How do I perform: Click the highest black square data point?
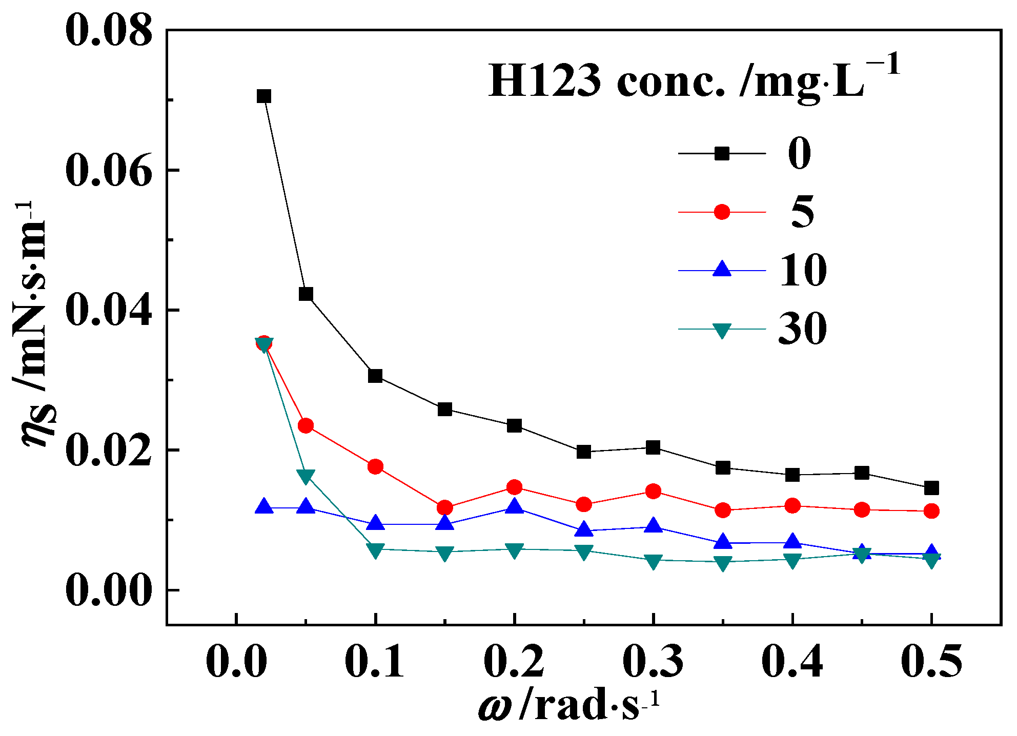[x=263, y=96]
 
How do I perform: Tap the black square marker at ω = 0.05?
[x=306, y=294]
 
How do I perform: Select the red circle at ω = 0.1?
[x=375, y=466]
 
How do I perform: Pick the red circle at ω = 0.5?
[x=931, y=511]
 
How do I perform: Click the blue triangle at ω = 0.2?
[x=515, y=507]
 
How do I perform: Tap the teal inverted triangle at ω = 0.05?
[x=306, y=477]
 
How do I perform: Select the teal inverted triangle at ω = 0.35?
[x=722, y=563]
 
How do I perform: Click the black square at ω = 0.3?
[x=653, y=448]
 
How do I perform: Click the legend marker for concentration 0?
[x=722, y=153]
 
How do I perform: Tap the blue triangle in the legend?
[x=722, y=270]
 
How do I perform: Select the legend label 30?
[x=802, y=329]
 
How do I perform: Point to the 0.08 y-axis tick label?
[x=109, y=31]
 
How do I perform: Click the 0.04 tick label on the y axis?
[x=109, y=311]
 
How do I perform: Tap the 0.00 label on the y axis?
[x=109, y=590]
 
